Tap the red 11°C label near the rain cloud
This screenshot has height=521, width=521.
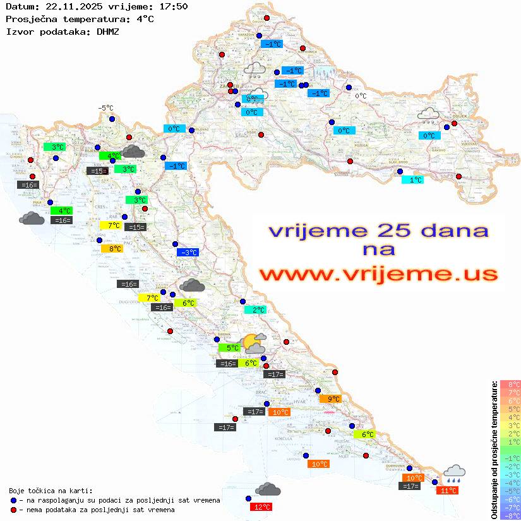point(448,490)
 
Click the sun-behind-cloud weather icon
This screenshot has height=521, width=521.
point(254,343)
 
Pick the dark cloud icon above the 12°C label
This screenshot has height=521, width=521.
point(268,489)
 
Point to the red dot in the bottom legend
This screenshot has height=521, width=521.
point(14,510)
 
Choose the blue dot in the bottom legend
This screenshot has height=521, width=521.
point(14,500)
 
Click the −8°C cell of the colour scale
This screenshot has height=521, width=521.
point(510,515)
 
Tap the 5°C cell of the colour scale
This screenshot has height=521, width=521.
point(510,409)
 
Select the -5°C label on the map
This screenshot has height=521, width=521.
point(105,108)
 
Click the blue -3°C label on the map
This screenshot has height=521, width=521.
point(188,253)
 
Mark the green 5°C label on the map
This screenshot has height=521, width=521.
point(229,347)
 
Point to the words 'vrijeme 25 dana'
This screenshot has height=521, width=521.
point(378,231)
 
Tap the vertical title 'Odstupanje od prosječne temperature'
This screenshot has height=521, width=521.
point(494,450)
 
